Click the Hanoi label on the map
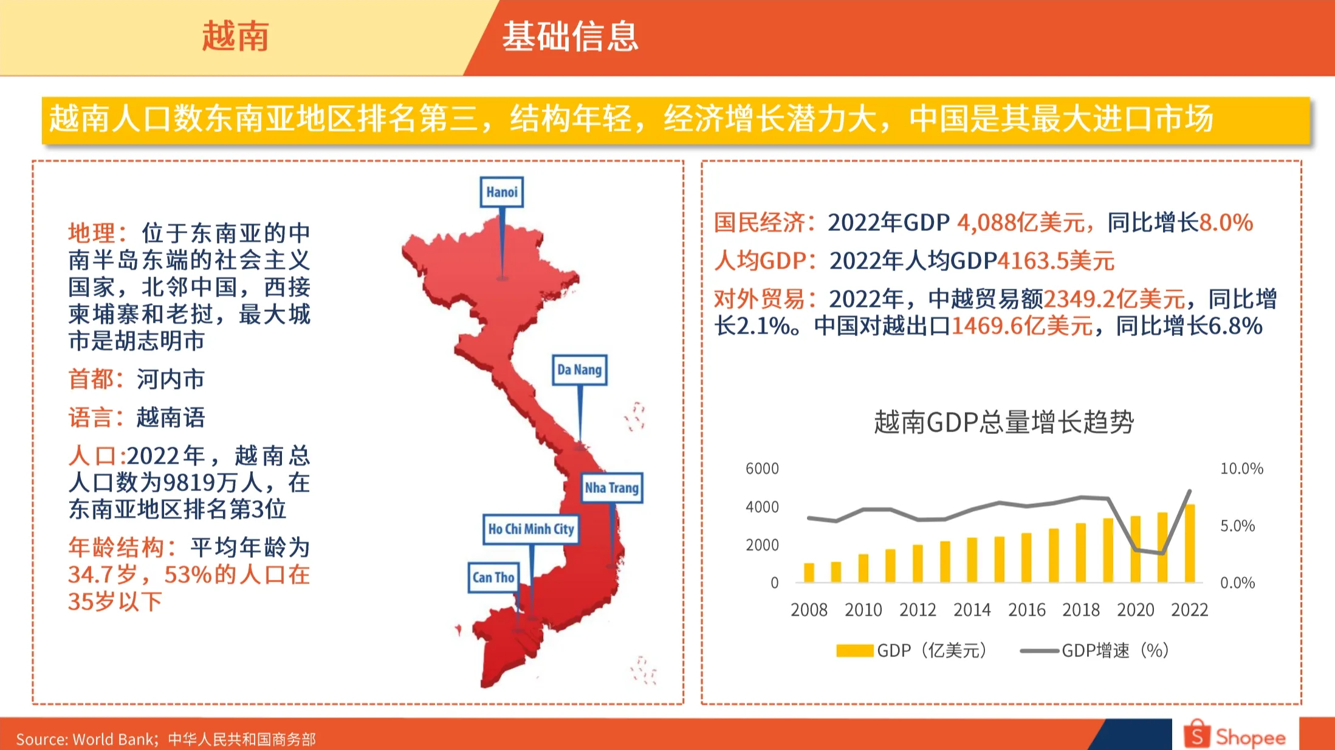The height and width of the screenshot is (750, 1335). click(501, 192)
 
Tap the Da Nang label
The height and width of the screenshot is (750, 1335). click(579, 370)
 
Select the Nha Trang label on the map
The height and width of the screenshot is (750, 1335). click(611, 487)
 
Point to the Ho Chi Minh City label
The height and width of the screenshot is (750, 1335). click(530, 529)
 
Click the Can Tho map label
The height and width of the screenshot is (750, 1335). click(493, 577)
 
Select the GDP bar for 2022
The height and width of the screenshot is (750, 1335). click(1190, 543)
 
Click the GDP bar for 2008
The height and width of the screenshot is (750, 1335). click(809, 573)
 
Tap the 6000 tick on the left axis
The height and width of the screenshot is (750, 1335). click(761, 469)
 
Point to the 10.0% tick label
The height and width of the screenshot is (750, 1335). click(1241, 469)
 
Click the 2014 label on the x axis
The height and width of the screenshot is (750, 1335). click(972, 610)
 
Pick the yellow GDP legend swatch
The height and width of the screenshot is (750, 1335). click(854, 651)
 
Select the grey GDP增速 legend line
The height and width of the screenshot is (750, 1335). click(1039, 651)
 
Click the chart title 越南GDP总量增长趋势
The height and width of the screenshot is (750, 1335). click(1004, 422)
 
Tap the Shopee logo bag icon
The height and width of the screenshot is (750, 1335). click(1196, 734)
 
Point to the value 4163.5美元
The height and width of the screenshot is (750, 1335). click(1056, 261)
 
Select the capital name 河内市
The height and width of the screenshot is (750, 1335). click(171, 379)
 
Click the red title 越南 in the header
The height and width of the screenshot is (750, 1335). click(235, 36)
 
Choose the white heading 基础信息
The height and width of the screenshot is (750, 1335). click(570, 36)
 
